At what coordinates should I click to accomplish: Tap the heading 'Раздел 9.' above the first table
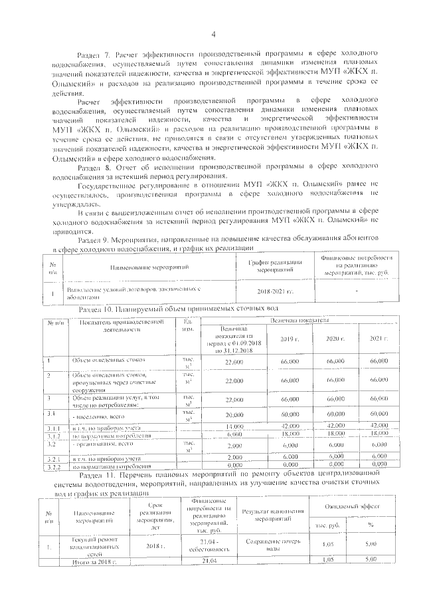point(97,238)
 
